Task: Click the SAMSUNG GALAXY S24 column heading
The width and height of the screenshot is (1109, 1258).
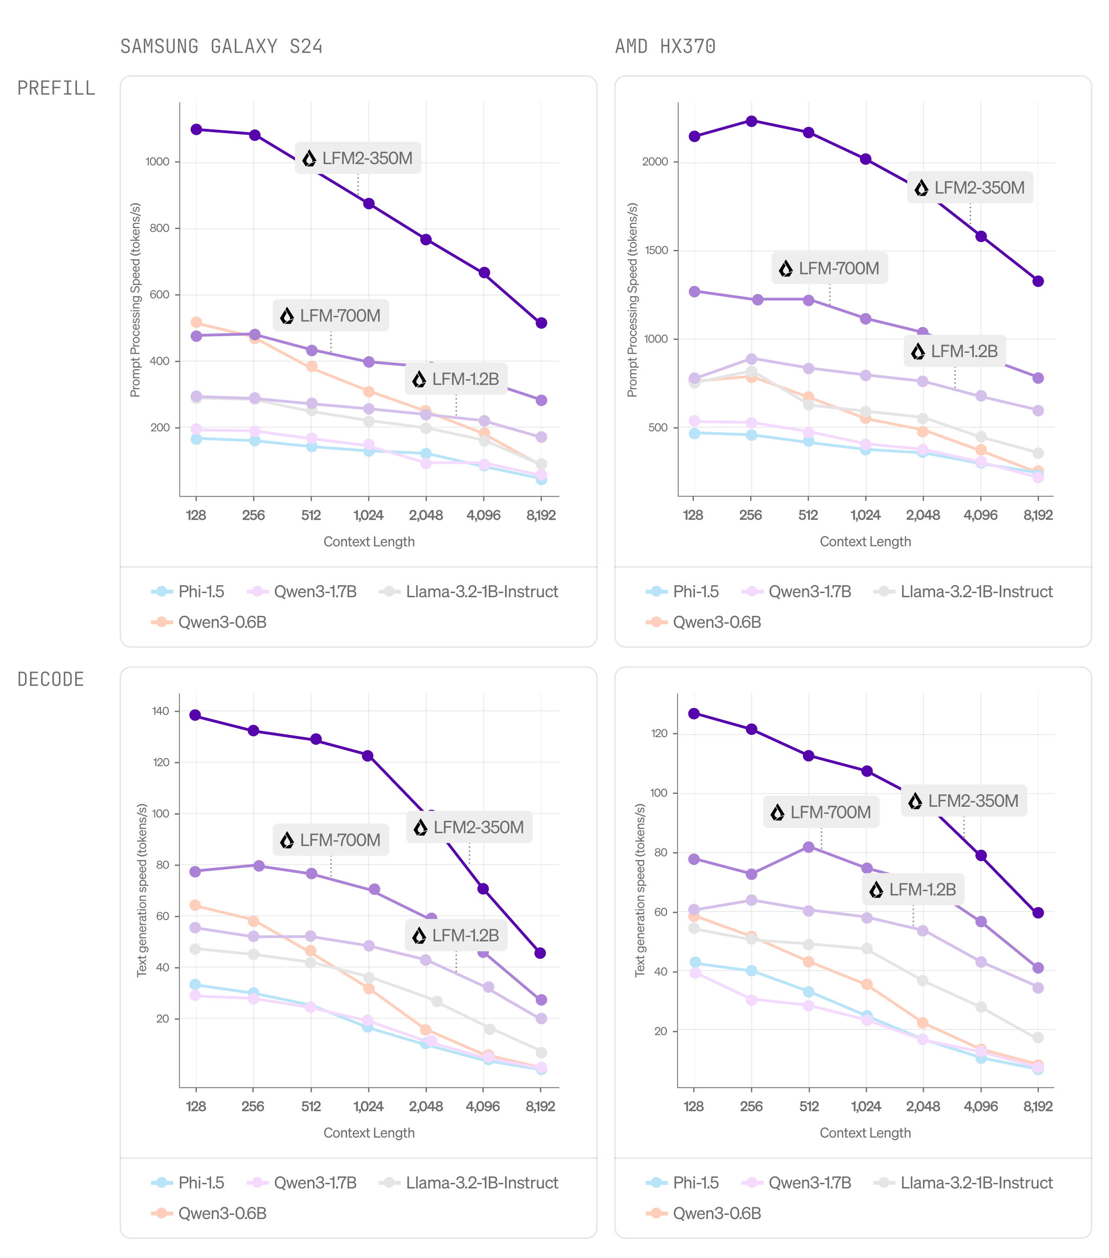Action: tap(221, 47)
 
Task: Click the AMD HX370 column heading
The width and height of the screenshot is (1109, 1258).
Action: tap(665, 47)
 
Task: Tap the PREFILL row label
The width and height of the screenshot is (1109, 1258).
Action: tap(56, 89)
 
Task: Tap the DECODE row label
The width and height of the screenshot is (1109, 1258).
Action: tap(51, 679)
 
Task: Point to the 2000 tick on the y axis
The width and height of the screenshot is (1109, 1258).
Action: tap(654, 162)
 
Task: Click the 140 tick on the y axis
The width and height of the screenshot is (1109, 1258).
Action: tap(160, 711)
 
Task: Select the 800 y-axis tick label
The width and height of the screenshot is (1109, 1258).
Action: tap(160, 228)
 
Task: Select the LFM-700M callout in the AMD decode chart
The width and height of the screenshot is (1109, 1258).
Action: tap(821, 812)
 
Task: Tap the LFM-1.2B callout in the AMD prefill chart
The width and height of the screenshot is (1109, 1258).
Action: tap(955, 351)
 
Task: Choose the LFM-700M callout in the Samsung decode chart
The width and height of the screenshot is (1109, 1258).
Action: tap(331, 840)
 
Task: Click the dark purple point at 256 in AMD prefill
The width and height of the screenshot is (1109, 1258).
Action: tap(751, 121)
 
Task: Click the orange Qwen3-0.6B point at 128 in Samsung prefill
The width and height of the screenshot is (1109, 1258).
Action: tap(197, 323)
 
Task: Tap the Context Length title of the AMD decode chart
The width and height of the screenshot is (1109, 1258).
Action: tap(865, 1133)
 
